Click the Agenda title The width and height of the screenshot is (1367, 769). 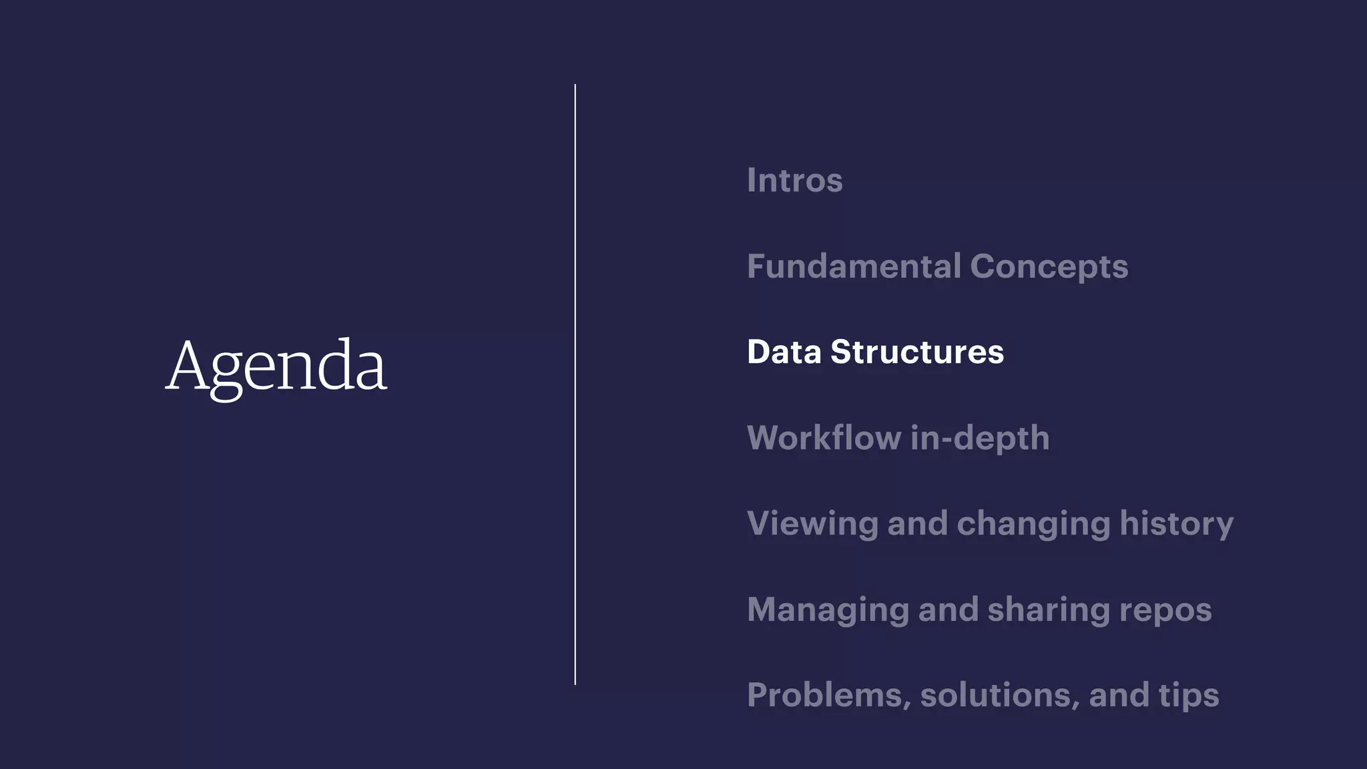[276, 366]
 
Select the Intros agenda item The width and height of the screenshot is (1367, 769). [794, 180]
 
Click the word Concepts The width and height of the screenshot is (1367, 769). [1049, 267]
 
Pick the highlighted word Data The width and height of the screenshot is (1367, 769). [784, 352]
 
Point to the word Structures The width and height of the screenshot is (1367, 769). [916, 352]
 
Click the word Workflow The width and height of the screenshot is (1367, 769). [824, 438]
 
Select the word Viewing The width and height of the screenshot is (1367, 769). [812, 524]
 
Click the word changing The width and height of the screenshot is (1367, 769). [1033, 524]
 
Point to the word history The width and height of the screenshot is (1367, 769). [1176, 524]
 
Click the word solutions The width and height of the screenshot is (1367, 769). [999, 695]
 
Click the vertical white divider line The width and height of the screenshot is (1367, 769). [575, 384]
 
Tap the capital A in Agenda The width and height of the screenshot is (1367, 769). [188, 365]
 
